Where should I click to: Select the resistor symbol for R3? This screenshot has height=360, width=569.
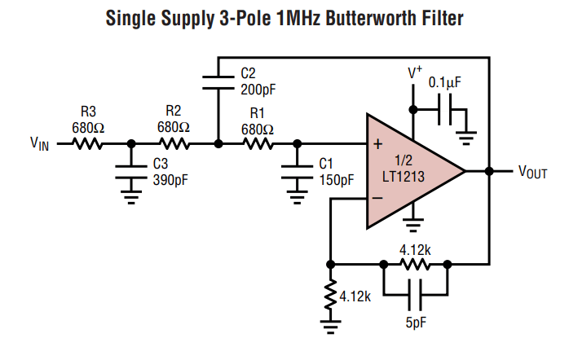pyautogui.click(x=87, y=144)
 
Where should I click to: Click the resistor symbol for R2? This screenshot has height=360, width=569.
pyautogui.click(x=173, y=144)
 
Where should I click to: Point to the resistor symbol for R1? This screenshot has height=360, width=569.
pyautogui.click(x=258, y=144)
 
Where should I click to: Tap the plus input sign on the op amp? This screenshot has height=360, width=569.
pyautogui.click(x=377, y=145)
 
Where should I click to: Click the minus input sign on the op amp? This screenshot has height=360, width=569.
pyautogui.click(x=377, y=198)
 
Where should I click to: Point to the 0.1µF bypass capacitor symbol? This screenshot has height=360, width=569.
pyautogui.click(x=445, y=108)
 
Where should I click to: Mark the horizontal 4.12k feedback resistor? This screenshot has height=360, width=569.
pyautogui.click(x=415, y=264)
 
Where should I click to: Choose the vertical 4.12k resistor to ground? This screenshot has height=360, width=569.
pyautogui.click(x=330, y=295)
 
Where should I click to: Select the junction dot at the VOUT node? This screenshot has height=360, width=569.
pyautogui.click(x=490, y=171)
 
